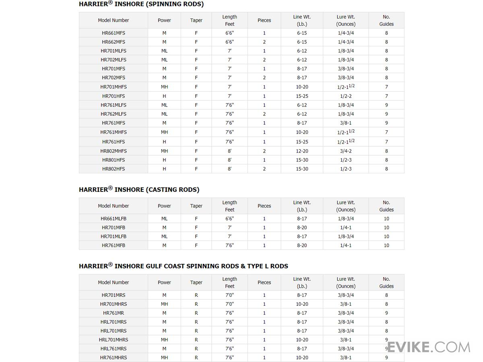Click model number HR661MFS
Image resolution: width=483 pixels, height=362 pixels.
point(114,33)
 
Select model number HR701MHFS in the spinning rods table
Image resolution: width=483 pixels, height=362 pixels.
point(114,87)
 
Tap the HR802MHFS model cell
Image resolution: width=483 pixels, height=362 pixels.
point(114,151)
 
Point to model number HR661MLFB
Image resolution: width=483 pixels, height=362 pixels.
point(114,219)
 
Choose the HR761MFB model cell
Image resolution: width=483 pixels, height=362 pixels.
point(114,245)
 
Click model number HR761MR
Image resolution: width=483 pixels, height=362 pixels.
point(114,313)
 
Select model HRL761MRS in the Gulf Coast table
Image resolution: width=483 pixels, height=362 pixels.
point(114,349)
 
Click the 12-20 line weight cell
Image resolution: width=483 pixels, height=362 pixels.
point(302,151)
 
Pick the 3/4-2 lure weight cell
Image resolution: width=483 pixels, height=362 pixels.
point(346,151)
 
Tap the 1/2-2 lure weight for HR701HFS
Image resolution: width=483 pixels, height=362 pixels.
point(346,96)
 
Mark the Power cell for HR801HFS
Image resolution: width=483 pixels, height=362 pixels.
point(164,160)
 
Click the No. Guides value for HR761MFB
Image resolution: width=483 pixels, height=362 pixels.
point(386,245)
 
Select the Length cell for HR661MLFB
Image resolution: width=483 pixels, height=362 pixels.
point(229,219)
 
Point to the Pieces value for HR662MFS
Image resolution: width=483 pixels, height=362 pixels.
point(264,42)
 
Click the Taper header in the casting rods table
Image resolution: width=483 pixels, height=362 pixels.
point(196,206)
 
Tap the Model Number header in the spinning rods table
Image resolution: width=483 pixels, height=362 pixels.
point(114,20)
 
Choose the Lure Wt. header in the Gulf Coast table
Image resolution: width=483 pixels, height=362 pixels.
point(346,282)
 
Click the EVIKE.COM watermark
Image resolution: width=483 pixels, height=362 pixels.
point(435,347)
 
